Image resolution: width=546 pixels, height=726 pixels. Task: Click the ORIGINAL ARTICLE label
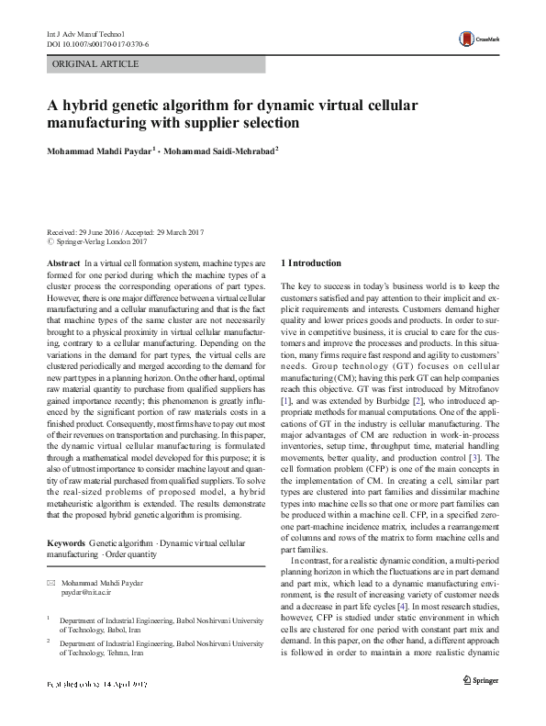pyautogui.click(x=96, y=64)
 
